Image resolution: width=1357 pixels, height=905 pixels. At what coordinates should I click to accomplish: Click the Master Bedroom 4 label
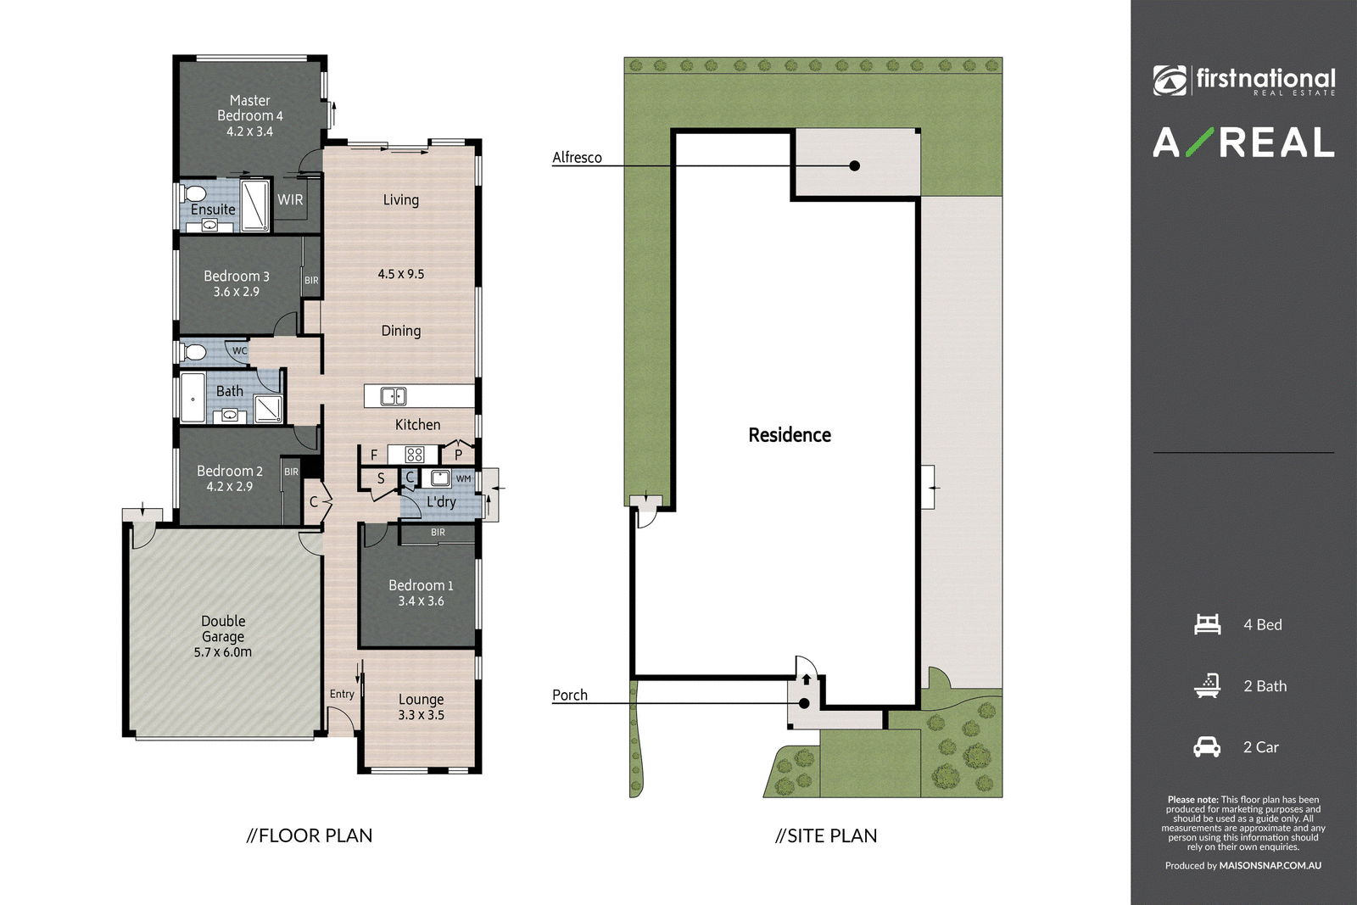coord(249,108)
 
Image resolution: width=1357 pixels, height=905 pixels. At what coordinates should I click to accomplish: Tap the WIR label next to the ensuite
coord(290,199)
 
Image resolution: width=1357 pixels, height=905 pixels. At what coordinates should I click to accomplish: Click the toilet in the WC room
coord(193,352)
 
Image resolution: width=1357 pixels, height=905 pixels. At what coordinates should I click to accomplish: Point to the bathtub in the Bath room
coord(193,398)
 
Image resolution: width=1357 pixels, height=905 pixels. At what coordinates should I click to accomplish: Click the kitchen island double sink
coord(394,396)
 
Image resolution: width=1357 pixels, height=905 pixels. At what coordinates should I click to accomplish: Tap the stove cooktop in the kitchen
coord(415,455)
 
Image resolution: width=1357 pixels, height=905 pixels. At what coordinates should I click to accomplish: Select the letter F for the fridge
coord(374,455)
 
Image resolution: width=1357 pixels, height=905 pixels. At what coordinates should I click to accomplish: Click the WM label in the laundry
coord(463,478)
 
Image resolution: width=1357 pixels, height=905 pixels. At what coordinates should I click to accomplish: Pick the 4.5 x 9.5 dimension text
coord(401,274)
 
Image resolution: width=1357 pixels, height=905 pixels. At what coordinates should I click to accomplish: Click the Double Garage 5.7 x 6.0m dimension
coord(222,652)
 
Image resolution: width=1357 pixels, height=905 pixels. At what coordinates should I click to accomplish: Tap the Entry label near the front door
coord(342,694)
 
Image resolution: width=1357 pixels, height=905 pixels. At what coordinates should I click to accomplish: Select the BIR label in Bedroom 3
coord(311,281)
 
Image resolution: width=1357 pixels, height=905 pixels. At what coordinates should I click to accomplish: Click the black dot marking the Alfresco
coord(854,165)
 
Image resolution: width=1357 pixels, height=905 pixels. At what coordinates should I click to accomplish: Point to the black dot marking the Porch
coord(804,703)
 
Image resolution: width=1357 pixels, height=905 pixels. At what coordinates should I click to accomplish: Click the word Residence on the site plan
coord(790,435)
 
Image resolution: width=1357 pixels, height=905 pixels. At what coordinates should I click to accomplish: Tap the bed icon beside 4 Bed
coord(1207,624)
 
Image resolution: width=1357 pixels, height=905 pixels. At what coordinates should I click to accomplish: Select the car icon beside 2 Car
coord(1207,747)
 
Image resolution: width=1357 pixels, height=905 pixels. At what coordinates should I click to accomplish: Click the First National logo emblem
coord(1170,81)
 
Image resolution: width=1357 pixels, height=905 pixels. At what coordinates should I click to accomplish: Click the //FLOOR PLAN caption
coord(309,836)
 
